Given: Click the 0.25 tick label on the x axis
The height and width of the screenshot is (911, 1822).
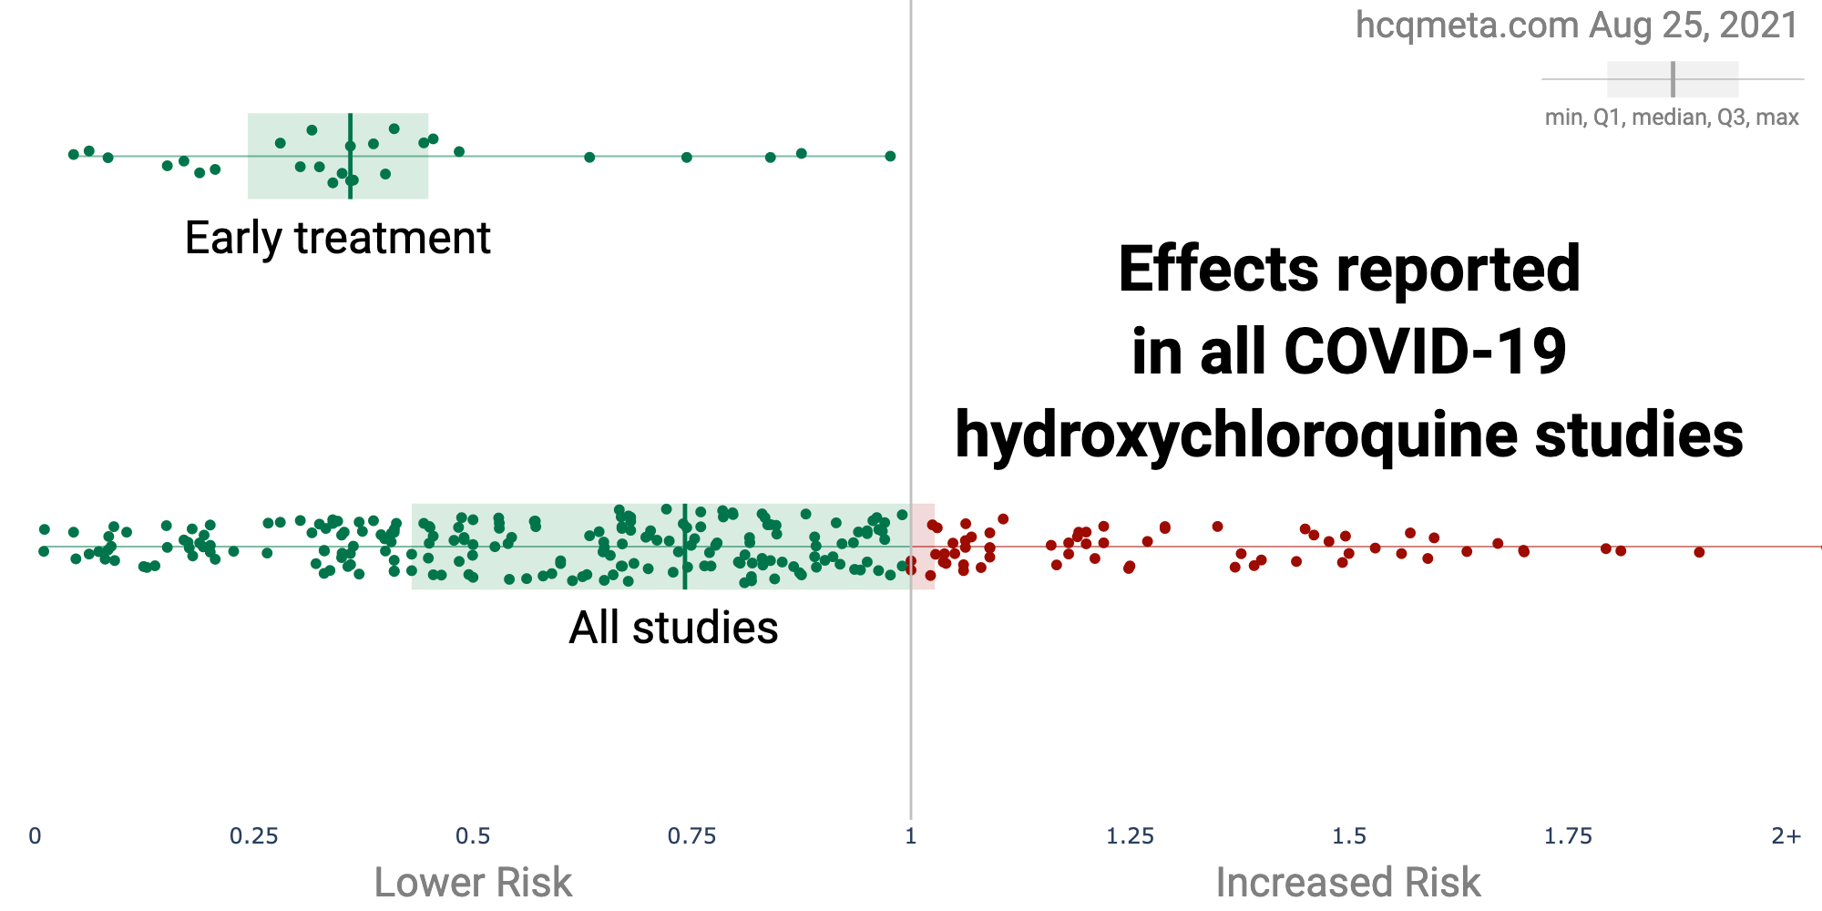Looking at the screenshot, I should click(x=254, y=835).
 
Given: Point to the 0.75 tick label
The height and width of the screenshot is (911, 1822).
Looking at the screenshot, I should click(x=692, y=835).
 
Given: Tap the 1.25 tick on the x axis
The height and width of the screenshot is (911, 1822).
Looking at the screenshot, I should click(x=1131, y=835).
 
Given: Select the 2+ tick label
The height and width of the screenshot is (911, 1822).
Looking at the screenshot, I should click(x=1786, y=835).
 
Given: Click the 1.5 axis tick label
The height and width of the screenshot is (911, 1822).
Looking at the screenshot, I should click(x=1349, y=835).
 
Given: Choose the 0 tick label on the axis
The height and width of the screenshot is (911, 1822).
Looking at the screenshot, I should click(x=35, y=835).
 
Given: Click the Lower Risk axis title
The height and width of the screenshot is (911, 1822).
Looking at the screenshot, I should click(x=473, y=882).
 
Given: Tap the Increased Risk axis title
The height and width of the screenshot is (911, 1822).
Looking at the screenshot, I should click(x=1348, y=882).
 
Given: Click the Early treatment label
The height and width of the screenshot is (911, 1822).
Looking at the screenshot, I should click(x=337, y=239).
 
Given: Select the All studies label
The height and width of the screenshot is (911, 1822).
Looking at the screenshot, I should click(x=673, y=628).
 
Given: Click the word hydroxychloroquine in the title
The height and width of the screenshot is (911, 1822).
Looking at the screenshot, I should click(x=1236, y=435).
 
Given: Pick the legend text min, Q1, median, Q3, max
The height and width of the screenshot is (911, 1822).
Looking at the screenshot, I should click(x=1672, y=118).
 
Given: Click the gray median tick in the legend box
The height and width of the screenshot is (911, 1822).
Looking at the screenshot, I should click(x=1673, y=79).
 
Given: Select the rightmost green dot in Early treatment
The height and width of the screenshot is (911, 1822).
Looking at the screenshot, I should click(x=890, y=156).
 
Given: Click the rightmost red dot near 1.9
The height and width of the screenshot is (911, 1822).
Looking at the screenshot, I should click(x=1699, y=552).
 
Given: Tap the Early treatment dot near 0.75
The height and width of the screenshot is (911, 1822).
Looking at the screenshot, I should click(x=687, y=158).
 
